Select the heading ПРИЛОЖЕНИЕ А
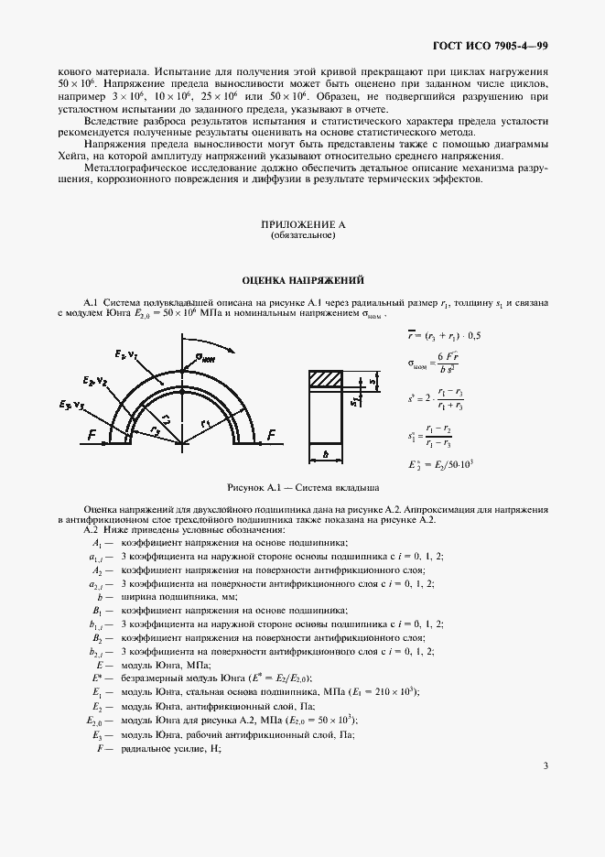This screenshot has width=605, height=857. coord(302,225)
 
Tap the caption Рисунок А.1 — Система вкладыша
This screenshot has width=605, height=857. coord(302,488)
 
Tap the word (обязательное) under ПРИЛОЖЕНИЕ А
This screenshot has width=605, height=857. coord(302,236)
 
